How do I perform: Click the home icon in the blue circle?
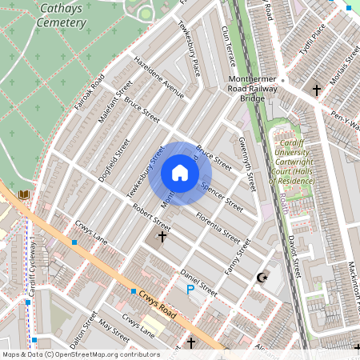click(180, 172)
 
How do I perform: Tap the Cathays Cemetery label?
click(61, 16)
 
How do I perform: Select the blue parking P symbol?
click(190, 290)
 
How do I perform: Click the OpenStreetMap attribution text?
click(80, 354)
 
